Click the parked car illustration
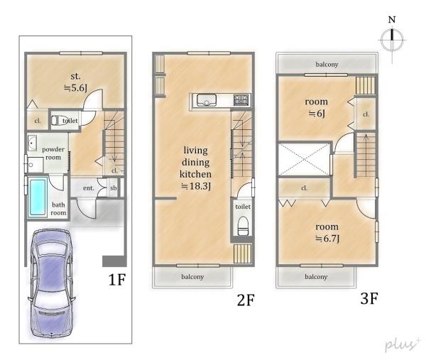coord(51,283)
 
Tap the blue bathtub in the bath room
coord(38,197)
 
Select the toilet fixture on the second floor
coord(243,226)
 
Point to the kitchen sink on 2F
coord(207,100)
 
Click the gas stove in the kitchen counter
coord(241,100)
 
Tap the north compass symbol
coord(392,40)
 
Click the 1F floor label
coord(117,279)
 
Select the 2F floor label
coord(246,300)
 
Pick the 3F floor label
coord(369,298)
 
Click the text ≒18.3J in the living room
coord(196,186)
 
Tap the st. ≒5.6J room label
coord(75,82)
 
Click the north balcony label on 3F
coord(327,65)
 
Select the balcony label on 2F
coord(192,277)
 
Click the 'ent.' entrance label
coord(88,188)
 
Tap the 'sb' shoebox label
coord(114,187)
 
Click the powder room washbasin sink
coord(33,143)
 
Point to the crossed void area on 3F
coord(305,159)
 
